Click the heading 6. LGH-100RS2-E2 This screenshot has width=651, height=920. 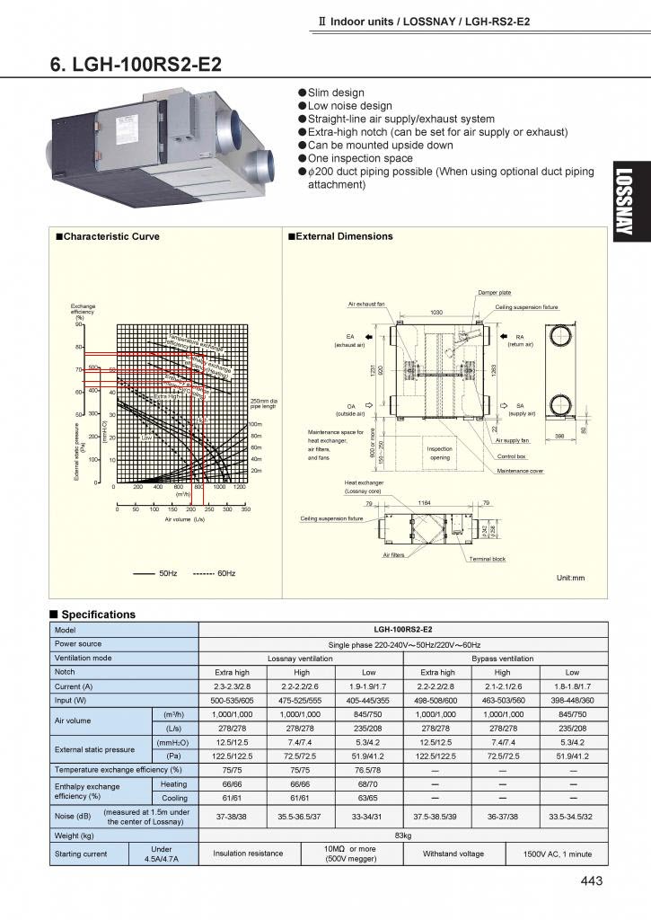pyautogui.click(x=136, y=66)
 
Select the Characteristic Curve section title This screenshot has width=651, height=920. pyautogui.click(x=107, y=236)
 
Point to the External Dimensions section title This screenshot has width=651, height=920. pyautogui.click(x=339, y=236)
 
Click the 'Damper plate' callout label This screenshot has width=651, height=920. pyautogui.click(x=495, y=293)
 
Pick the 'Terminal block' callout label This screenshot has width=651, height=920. pyautogui.click(x=488, y=559)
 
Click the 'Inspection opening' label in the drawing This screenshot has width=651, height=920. pyautogui.click(x=440, y=453)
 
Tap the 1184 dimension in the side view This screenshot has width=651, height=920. pyautogui.click(x=426, y=503)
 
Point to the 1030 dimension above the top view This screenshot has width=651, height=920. pyautogui.click(x=436, y=312)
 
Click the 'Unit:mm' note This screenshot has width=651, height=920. pyautogui.click(x=570, y=578)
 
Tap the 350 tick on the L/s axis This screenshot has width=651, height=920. pyautogui.click(x=246, y=509)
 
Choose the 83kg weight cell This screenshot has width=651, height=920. pyautogui.click(x=402, y=836)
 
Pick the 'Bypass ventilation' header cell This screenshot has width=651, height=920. pyautogui.click(x=502, y=658)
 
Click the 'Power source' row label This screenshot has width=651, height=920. pyautogui.click(x=78, y=643)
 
